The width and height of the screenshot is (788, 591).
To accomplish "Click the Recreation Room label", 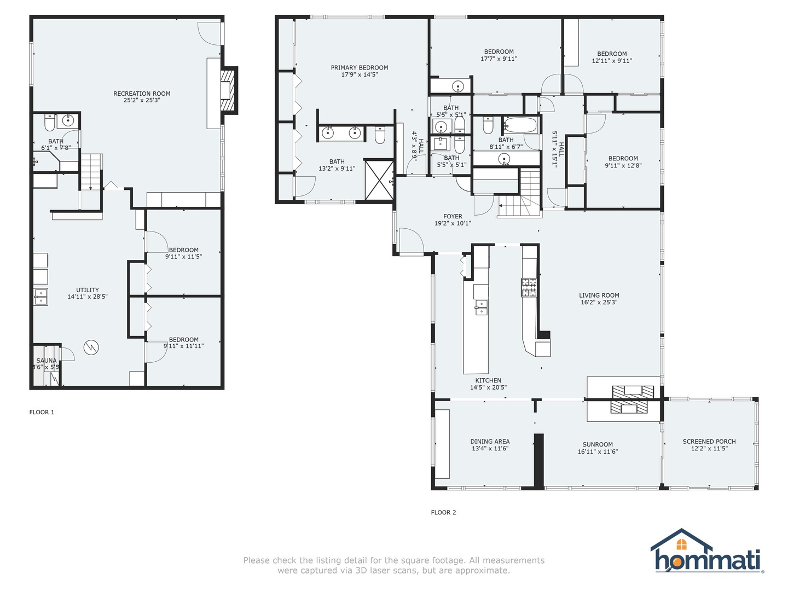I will [x=142, y=94].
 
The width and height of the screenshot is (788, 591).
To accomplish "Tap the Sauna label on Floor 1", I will [x=47, y=361].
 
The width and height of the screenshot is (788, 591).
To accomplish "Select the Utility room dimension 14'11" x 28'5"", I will [x=88, y=297].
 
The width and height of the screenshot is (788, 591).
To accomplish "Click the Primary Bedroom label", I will [x=360, y=68].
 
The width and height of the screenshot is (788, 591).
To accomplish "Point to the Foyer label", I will [x=453, y=217].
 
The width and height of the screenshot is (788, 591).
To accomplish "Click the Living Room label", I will [x=599, y=296].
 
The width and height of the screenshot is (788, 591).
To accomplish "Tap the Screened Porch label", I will [x=709, y=442].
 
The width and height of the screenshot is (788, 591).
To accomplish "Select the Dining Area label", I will [x=490, y=442].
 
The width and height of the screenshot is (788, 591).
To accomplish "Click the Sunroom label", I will [x=598, y=445].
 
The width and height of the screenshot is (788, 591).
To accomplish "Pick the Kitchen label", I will [x=488, y=381].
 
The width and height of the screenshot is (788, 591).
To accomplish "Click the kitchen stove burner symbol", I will [x=529, y=287].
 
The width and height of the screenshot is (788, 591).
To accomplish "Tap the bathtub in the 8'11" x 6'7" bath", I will [x=520, y=125].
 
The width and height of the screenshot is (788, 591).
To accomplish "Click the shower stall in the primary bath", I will [x=379, y=179].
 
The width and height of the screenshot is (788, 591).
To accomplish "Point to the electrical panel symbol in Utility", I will [x=91, y=346].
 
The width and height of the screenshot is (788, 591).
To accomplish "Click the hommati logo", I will [x=706, y=553].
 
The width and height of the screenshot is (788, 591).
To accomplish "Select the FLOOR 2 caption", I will [x=443, y=513].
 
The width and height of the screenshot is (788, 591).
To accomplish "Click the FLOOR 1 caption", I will [x=42, y=412].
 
